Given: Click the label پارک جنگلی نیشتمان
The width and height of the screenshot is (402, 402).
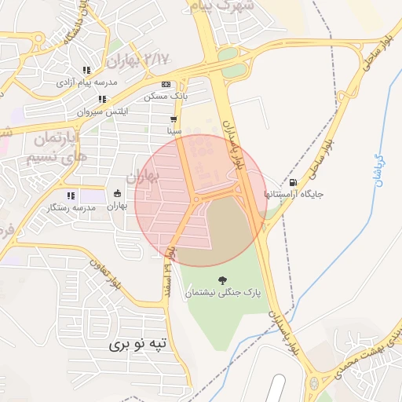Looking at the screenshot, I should coord(222,293).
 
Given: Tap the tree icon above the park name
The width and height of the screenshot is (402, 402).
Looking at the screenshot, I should coord(222,280).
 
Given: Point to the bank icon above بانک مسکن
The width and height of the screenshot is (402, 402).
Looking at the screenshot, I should coord(166,85).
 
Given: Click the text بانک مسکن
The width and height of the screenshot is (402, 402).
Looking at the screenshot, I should coord(166,97).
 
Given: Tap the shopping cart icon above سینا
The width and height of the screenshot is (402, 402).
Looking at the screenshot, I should coord(174,119).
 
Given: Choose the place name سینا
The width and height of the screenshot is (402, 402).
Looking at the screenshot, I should coord(174,131).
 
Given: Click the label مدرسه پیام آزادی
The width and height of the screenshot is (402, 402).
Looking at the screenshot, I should coord(86,82).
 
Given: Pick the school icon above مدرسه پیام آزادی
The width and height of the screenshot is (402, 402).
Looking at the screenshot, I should coord(86,70).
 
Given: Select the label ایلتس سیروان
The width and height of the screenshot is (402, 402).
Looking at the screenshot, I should coord(102,111).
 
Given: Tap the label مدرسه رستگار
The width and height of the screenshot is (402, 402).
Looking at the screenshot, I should coord(71,207).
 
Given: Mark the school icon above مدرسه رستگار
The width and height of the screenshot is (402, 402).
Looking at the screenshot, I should coord(71,196).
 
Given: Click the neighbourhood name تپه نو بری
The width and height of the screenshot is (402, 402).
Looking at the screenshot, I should coord(137,344).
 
